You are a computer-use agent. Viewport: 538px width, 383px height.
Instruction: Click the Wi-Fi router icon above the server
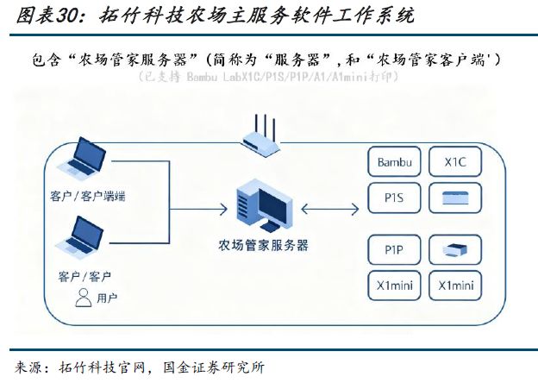261,139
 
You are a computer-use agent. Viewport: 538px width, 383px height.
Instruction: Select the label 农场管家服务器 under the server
264,245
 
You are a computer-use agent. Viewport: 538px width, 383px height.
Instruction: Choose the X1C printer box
454,162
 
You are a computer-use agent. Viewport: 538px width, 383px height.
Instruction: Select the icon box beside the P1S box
454,198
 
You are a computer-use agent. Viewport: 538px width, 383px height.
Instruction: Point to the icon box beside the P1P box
454,250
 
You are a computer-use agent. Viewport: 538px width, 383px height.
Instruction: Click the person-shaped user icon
84,298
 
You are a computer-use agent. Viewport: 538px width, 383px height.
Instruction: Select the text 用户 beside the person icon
108,298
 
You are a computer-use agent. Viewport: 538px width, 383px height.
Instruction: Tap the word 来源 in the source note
31,367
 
